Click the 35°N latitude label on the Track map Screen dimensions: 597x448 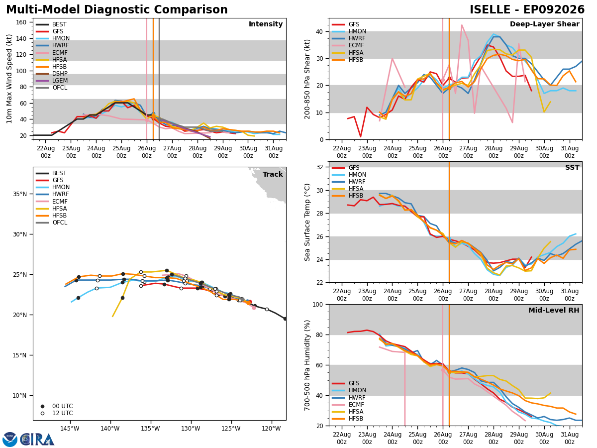(20, 194)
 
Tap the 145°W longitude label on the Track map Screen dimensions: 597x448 (70, 429)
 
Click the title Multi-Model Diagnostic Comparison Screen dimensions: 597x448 (117, 10)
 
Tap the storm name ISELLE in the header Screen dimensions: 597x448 (490, 10)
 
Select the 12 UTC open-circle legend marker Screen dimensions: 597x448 (42, 413)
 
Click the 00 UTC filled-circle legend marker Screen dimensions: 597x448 (42, 406)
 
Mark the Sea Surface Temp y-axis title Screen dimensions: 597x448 (307, 222)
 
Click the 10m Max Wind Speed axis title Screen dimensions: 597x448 (9, 79)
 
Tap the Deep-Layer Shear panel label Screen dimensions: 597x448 (544, 24)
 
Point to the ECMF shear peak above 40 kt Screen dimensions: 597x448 (462, 25)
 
